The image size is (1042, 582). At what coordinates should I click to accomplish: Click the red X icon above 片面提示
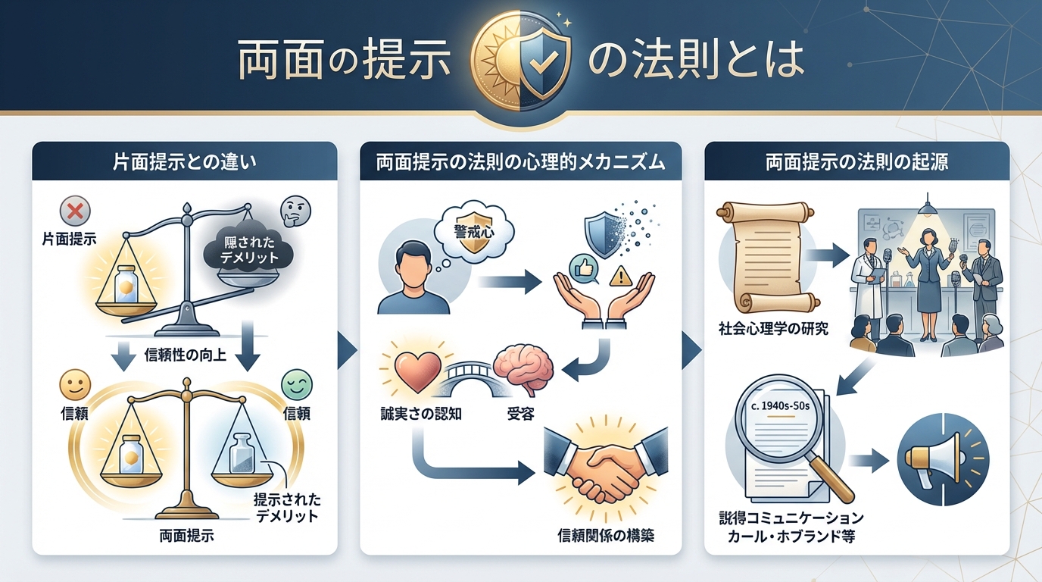point(74,208)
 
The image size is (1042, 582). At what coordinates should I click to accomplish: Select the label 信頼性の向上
point(185,352)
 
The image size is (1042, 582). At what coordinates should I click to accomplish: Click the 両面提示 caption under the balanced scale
point(186,537)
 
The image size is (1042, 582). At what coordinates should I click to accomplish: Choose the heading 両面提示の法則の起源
point(856,161)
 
